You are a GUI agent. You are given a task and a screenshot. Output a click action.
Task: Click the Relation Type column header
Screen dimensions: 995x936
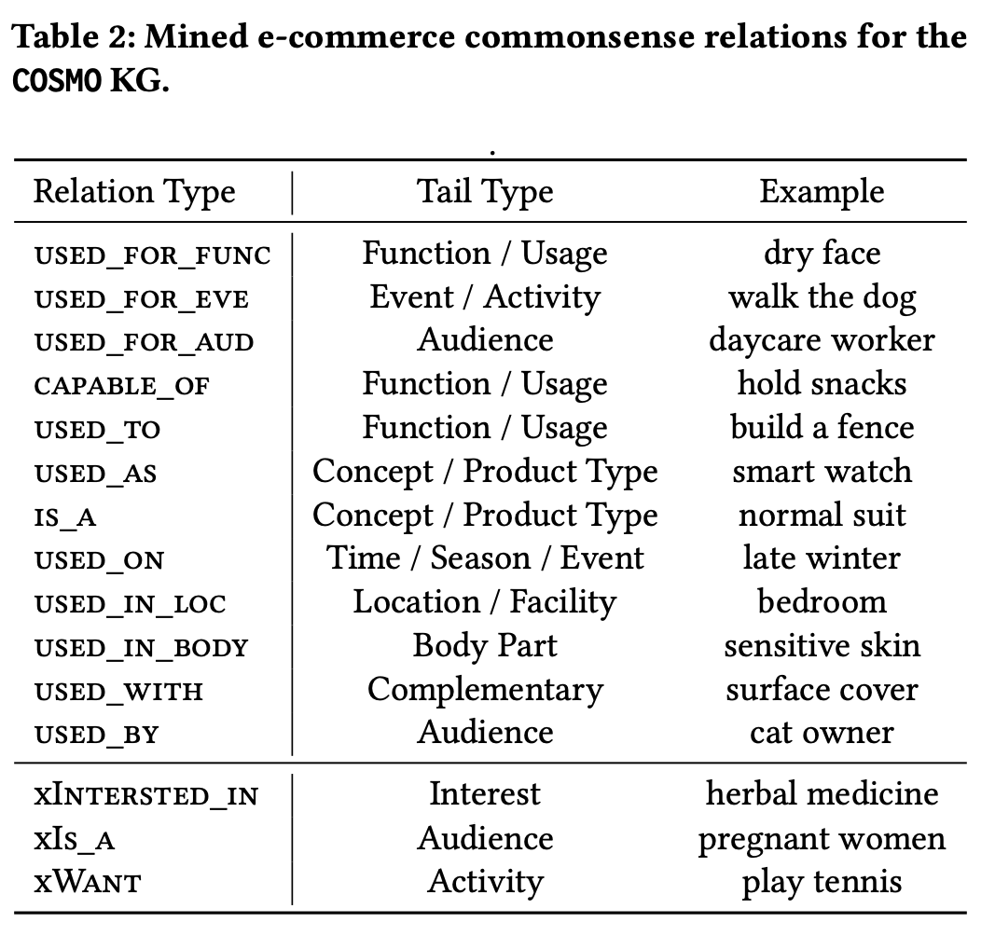point(134,192)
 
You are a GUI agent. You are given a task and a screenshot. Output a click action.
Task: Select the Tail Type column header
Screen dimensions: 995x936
point(485,192)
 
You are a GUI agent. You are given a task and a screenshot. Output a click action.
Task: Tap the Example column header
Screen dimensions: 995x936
point(822,192)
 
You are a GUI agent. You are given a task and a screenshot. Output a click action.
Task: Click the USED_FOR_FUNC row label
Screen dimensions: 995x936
point(152,255)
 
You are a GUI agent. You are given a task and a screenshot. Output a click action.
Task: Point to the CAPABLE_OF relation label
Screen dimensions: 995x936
point(121,386)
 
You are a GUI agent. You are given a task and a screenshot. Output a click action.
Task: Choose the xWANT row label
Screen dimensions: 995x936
point(88,883)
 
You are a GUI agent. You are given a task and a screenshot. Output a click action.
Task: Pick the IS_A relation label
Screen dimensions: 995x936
point(65,517)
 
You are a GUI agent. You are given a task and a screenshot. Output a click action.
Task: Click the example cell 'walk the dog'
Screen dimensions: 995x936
point(822,297)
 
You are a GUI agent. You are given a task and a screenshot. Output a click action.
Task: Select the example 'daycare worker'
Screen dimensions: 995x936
point(822,341)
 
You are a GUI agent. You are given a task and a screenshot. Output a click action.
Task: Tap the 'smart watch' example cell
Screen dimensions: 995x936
point(822,472)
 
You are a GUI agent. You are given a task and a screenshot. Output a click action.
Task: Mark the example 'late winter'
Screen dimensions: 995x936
point(822,558)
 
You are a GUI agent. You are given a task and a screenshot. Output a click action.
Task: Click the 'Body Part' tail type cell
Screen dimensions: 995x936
point(485,646)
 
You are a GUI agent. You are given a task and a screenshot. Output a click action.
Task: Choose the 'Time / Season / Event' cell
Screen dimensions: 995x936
point(485,558)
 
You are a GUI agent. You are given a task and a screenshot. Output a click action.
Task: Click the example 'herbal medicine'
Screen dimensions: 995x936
point(822,794)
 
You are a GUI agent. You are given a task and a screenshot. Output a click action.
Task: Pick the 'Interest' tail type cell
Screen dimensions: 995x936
point(485,794)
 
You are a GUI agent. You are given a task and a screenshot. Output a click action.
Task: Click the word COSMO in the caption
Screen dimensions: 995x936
point(57,80)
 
